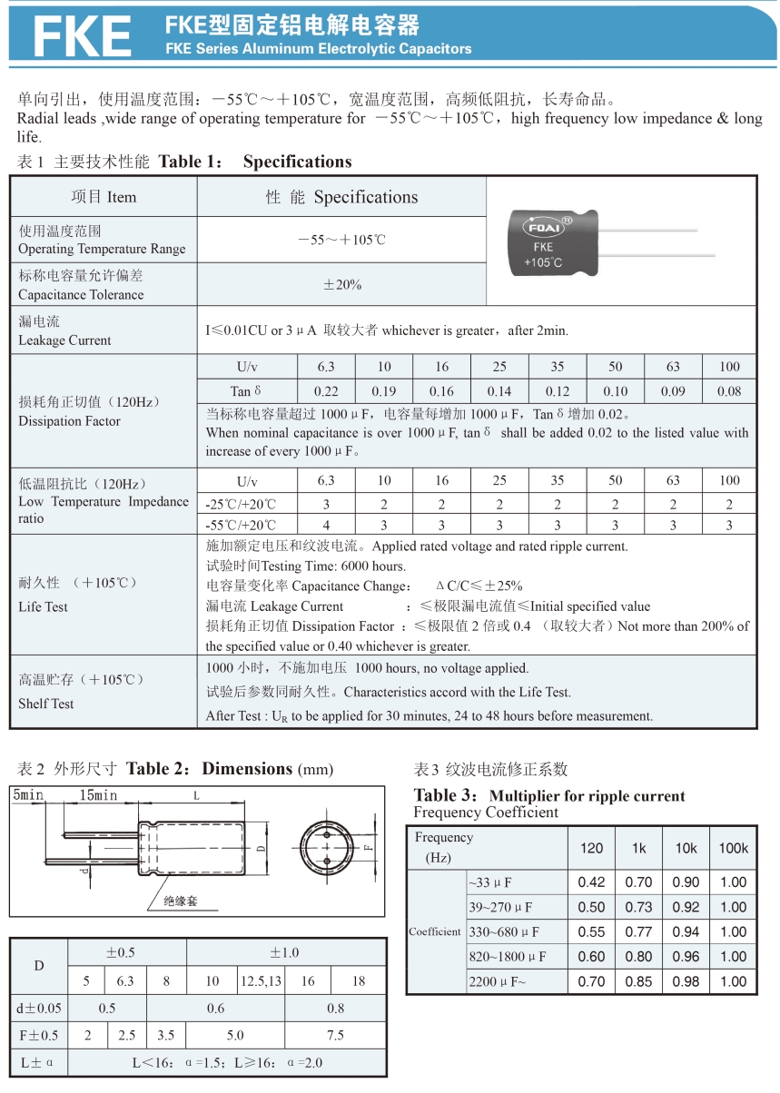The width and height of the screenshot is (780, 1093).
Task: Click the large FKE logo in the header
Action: tap(82, 36)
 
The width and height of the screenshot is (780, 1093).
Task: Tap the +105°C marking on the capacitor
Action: tap(543, 263)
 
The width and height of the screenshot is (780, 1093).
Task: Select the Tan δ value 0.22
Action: tap(326, 391)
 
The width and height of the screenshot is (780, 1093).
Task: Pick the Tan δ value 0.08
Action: tap(729, 391)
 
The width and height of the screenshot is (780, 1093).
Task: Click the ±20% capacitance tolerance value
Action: tap(342, 284)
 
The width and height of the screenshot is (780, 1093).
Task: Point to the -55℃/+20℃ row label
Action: tap(241, 525)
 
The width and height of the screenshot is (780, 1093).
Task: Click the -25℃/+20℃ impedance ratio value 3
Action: tap(326, 504)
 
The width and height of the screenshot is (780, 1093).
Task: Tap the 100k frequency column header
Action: tap(733, 848)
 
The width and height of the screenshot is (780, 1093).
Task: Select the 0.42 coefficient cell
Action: tap(591, 881)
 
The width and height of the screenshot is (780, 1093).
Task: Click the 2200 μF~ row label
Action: tap(497, 981)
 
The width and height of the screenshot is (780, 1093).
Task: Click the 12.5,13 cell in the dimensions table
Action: tap(261, 980)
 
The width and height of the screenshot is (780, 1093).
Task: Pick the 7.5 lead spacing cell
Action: tap(335, 1035)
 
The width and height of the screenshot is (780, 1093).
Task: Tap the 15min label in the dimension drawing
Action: tap(98, 796)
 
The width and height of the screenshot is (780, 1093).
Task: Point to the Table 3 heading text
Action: tap(548, 796)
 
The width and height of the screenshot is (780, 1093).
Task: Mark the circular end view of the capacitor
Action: tap(325, 848)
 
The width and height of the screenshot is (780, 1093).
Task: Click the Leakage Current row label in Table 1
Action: tap(64, 331)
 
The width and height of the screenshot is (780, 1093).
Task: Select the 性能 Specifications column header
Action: tap(341, 197)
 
